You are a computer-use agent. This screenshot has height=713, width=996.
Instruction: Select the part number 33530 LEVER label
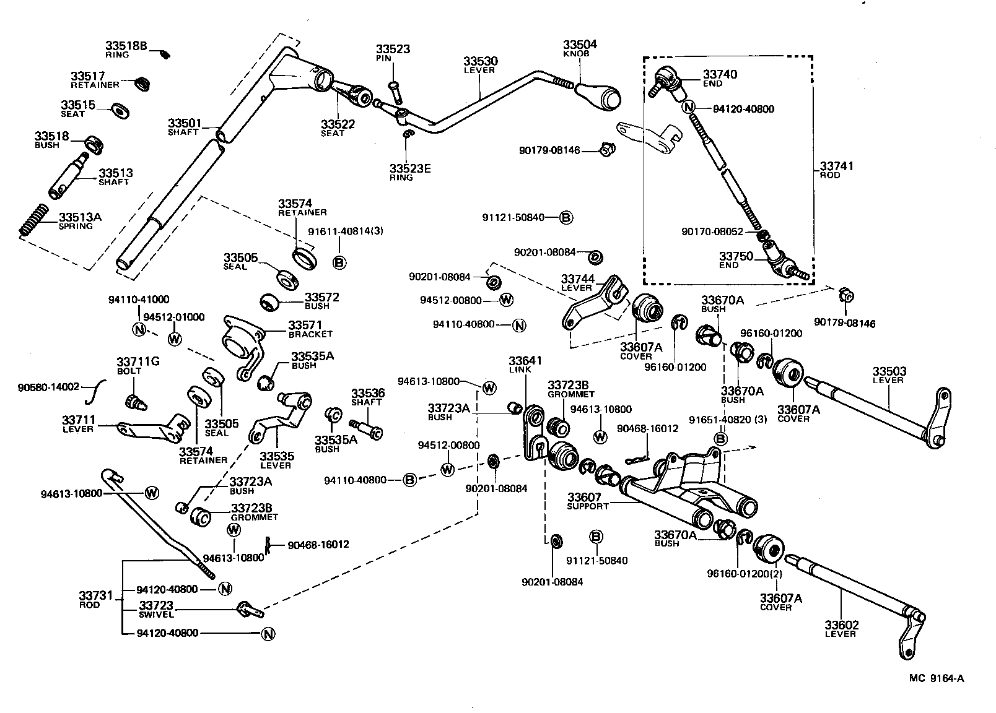(x=480, y=65)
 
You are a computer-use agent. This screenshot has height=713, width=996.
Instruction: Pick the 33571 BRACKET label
(x=310, y=329)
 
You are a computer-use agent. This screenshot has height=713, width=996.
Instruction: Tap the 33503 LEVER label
(x=889, y=375)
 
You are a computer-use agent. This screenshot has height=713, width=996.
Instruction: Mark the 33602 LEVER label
(x=841, y=629)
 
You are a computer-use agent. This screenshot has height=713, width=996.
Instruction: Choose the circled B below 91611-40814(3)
(x=339, y=262)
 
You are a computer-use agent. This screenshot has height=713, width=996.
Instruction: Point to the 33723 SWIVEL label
(x=156, y=609)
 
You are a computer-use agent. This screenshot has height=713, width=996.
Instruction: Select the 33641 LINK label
(x=525, y=364)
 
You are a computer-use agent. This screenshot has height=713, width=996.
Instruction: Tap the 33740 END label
(x=719, y=78)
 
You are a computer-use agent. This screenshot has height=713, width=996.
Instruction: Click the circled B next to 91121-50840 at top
(x=566, y=217)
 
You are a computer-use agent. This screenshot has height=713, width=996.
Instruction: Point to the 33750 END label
(x=735, y=260)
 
